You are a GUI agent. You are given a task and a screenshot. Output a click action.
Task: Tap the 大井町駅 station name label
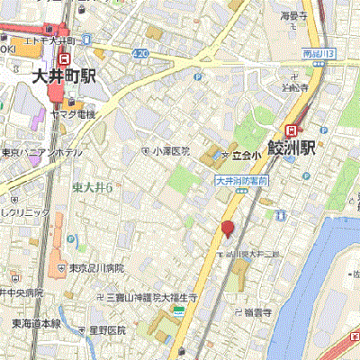click(63, 76)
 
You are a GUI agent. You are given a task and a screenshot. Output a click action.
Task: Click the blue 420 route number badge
click(139, 54)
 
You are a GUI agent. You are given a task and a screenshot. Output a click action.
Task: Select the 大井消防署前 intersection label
click(238, 180)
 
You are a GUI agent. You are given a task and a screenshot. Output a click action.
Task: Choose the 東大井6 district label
click(92, 186)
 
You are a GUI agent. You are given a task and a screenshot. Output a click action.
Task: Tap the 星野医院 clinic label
click(106, 330)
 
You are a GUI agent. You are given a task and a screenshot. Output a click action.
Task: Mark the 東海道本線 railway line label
click(36, 323)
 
